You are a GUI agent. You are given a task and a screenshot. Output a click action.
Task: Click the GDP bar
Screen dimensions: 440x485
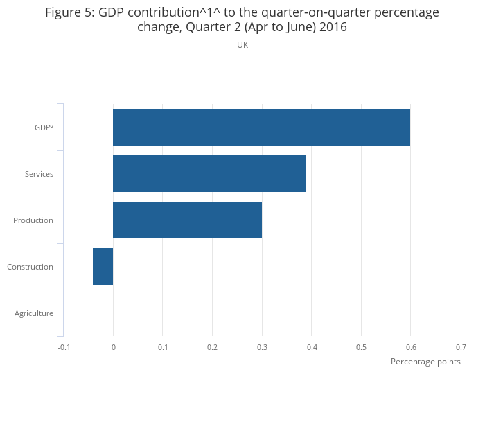(261, 127)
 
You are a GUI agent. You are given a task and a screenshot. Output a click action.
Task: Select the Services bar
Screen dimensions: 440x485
(209, 173)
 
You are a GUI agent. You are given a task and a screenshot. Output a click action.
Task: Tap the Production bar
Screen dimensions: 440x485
(187, 220)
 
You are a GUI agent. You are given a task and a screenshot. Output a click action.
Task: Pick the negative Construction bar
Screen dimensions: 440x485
(103, 266)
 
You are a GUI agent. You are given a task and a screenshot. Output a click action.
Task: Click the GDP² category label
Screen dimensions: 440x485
(44, 127)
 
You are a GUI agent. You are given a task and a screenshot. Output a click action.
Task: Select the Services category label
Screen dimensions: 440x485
(39, 174)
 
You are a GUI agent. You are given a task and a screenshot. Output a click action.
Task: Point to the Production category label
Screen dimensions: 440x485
(33, 220)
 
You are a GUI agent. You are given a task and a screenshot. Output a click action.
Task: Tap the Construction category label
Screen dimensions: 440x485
(30, 267)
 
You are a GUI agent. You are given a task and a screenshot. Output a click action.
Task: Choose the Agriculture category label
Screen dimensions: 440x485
(34, 313)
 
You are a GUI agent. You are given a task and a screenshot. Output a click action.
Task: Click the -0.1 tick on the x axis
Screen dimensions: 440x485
(64, 347)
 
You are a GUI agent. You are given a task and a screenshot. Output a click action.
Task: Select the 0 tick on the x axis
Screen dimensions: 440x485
(113, 347)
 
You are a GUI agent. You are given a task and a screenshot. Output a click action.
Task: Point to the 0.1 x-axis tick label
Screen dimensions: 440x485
(163, 347)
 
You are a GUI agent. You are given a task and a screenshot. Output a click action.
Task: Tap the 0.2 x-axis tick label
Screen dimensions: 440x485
(212, 347)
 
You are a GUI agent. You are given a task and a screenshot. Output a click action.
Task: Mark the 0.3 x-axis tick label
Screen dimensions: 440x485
(262, 347)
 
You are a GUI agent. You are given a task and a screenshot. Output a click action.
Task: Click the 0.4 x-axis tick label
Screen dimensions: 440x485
(312, 347)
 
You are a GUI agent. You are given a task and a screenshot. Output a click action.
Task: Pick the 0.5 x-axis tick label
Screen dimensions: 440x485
(361, 347)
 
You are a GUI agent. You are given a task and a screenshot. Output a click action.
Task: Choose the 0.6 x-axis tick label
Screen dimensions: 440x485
(411, 347)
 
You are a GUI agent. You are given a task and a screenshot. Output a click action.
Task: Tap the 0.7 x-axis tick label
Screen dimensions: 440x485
(461, 347)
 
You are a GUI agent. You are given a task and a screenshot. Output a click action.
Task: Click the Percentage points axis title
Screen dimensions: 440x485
(425, 362)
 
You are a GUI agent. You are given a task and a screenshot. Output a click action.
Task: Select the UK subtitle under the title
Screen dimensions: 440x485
(242, 45)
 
